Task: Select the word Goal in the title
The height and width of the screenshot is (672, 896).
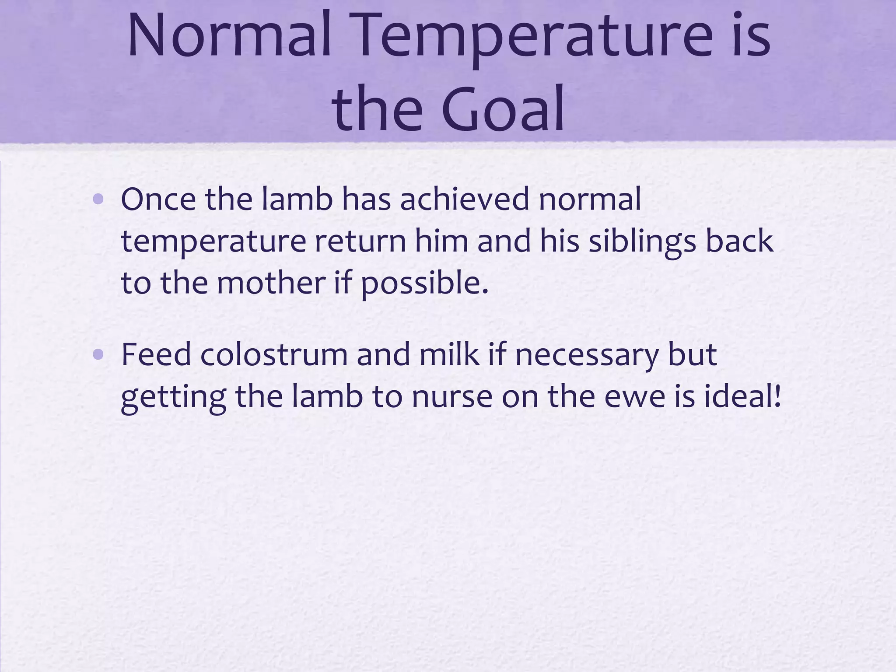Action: (x=503, y=109)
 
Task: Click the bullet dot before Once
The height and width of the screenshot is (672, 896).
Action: (x=98, y=200)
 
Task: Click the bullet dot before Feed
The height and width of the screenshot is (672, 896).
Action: (x=98, y=355)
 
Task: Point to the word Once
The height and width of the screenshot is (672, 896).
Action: (x=158, y=199)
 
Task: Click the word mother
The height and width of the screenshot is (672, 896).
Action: (x=271, y=283)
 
